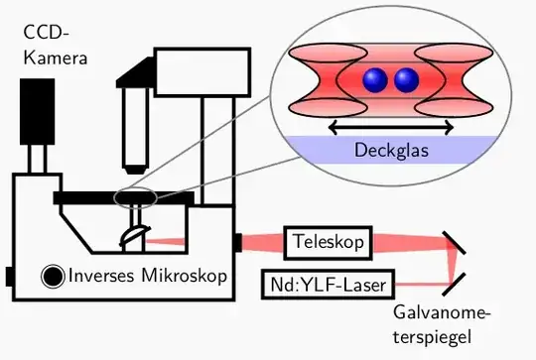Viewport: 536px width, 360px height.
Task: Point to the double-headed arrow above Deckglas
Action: (x=391, y=126)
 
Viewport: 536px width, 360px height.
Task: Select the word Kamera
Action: (x=56, y=59)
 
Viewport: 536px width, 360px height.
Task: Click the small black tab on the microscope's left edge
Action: (x=8, y=274)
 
